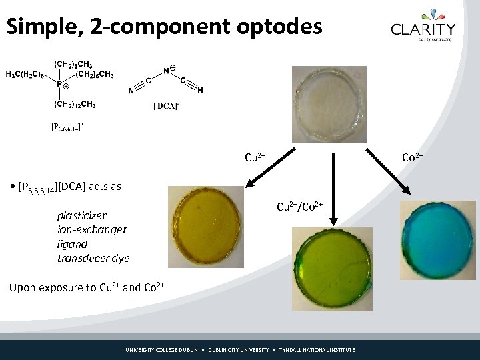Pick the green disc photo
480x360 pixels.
coord(331,268)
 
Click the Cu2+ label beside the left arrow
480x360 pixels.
coord(255,158)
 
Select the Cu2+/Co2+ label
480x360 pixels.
coord(300,207)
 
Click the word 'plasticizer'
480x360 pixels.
coord(81,216)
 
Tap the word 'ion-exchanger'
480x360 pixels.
coord(92,230)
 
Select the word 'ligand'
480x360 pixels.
coord(72,244)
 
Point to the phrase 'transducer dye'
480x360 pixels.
coord(93,258)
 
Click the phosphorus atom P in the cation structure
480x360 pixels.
coord(59,84)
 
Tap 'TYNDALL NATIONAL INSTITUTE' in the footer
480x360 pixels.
coord(317,350)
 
